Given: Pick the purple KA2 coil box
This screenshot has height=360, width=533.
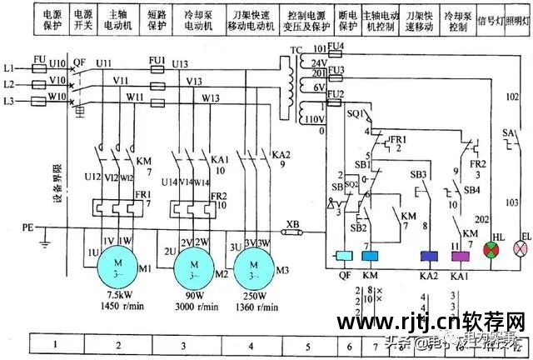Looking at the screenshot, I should [x=430, y=256].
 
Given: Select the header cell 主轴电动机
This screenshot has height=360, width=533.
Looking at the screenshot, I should [x=116, y=20].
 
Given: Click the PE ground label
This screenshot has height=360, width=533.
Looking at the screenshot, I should [x=27, y=226].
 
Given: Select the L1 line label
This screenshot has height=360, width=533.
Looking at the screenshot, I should [x=9, y=66].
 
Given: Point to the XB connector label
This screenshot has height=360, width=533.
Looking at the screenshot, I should [x=292, y=226].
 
